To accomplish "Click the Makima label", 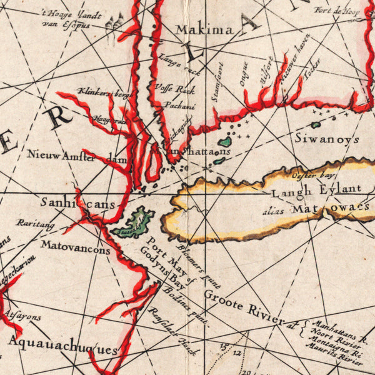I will pos(204,29).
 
